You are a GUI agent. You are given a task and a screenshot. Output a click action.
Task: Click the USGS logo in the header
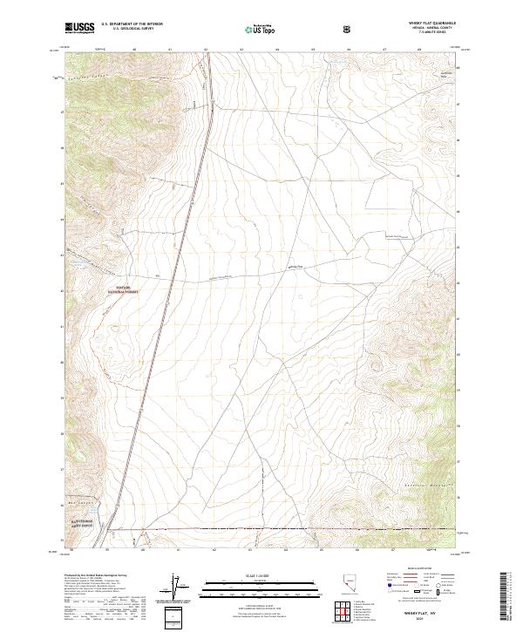pos(79,29)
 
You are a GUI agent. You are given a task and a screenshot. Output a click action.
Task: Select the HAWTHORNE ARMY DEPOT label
pos(85,518)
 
